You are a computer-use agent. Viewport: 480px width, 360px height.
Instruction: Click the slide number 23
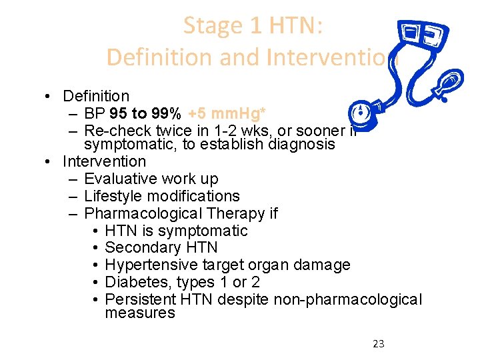tap(378, 344)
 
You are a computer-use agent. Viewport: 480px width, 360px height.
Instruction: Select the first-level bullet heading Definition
tap(95, 97)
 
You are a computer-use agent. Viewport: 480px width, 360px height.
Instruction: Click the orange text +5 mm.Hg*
tap(225, 113)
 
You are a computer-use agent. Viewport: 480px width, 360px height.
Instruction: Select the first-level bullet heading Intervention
tap(103, 161)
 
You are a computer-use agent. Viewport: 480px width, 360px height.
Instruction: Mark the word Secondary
tap(136, 247)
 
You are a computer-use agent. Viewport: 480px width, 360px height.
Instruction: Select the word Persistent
tap(135, 299)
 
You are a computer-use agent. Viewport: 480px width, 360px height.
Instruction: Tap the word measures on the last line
tap(140, 313)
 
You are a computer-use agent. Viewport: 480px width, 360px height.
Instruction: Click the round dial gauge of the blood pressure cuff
tap(361, 113)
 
